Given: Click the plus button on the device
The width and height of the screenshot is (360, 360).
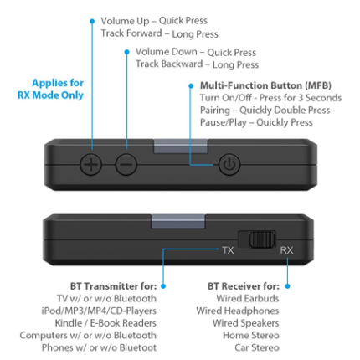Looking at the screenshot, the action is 90,164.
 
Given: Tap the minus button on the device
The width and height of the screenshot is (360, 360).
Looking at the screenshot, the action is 126,164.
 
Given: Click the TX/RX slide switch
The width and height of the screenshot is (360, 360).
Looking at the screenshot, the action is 257,239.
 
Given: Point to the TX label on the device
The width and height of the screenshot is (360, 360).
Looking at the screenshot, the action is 228,250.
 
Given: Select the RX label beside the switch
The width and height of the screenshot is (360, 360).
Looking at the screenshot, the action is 286,250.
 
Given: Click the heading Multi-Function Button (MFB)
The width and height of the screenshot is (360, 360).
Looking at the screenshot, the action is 265,85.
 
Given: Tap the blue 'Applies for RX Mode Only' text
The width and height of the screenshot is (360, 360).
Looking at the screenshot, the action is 50,89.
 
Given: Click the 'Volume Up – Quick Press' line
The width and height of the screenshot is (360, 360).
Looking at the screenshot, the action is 154,21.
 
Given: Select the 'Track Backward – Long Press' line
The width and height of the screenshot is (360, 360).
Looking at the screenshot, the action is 198,64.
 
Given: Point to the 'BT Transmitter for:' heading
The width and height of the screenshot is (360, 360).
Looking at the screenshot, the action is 113,286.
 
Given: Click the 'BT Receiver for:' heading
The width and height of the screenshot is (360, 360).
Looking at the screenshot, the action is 244,286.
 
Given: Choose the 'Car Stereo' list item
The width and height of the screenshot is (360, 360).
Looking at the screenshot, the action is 257,347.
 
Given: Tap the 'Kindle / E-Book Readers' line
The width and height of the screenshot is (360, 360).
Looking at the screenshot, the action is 105,323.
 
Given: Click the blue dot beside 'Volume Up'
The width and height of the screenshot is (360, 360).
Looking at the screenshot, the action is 92,21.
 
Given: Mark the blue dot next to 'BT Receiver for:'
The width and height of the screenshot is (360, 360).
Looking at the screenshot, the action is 287,286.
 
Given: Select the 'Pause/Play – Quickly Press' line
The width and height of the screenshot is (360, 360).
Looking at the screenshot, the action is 256,122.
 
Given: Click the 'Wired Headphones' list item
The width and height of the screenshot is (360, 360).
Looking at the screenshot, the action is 238,311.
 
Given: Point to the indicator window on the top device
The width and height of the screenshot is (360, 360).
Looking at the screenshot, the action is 181,147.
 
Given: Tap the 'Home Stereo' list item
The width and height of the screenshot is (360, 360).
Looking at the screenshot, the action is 251,336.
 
